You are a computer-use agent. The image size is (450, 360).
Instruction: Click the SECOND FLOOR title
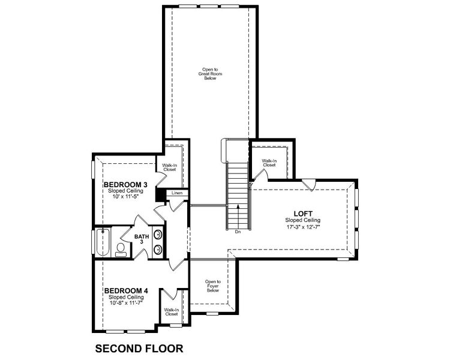(139, 347)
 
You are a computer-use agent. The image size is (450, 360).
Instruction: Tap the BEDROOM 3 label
(125, 184)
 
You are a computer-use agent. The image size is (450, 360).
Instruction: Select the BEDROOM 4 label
(125, 290)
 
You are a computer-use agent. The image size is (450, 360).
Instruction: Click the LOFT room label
(303, 213)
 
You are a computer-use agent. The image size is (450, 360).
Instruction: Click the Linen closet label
(177, 193)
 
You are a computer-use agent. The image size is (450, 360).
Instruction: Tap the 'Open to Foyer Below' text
(213, 286)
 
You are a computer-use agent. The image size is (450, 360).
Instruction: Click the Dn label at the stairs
(238, 231)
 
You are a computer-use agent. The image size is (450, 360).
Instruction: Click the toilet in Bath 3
(120, 249)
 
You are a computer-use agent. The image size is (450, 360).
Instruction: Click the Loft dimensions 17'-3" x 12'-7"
(302, 227)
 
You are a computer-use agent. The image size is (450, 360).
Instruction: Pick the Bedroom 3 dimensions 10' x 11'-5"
(125, 197)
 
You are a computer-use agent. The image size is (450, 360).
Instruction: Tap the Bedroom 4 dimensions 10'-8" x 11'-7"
(125, 303)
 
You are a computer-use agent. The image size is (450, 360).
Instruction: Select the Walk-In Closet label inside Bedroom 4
(172, 312)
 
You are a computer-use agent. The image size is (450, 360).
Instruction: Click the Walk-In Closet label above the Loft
(269, 163)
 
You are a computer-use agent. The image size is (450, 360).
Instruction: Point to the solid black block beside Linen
(160, 194)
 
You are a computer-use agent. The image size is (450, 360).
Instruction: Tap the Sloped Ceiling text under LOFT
(302, 220)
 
